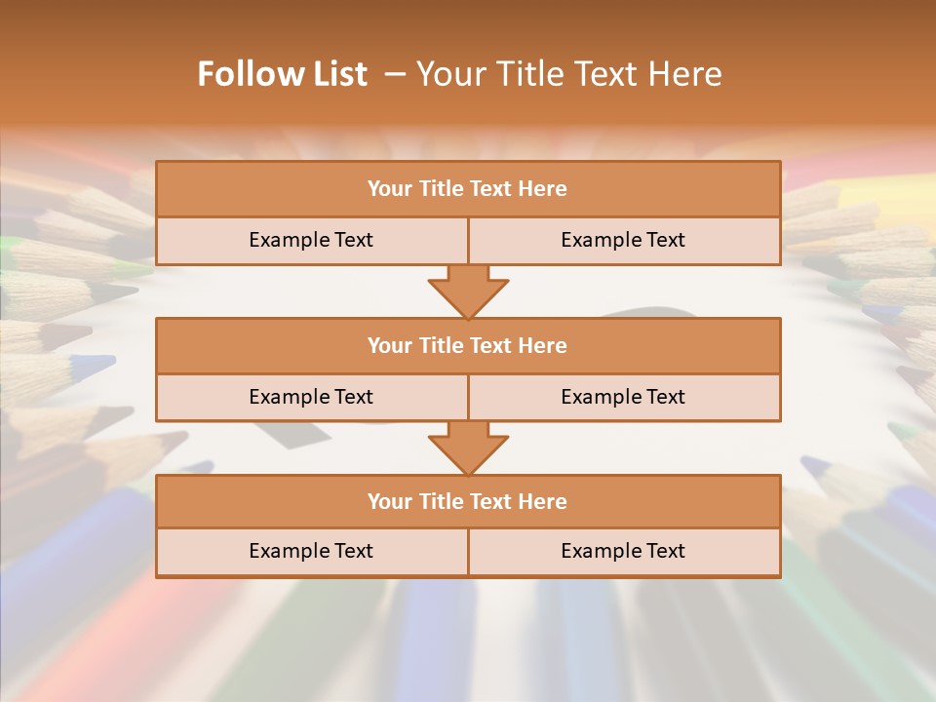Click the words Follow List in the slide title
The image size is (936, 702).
coord(283,74)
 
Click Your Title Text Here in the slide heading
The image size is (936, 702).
coord(569,74)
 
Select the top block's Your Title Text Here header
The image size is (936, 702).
coord(467,189)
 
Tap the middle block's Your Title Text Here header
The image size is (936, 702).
coord(467,345)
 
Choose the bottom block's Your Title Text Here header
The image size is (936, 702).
coord(467,501)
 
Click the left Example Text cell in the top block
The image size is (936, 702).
coord(311,240)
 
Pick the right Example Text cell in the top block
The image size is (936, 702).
coord(623,240)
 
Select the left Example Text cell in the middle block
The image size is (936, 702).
coord(311,397)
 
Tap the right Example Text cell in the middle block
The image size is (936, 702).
coord(623,397)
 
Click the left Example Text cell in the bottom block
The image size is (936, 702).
coord(311,551)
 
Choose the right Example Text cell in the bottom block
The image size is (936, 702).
coord(623,551)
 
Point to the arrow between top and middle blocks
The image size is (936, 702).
coord(468,292)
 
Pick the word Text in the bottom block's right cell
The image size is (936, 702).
coord(664,551)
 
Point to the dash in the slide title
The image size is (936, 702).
coord(396,74)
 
